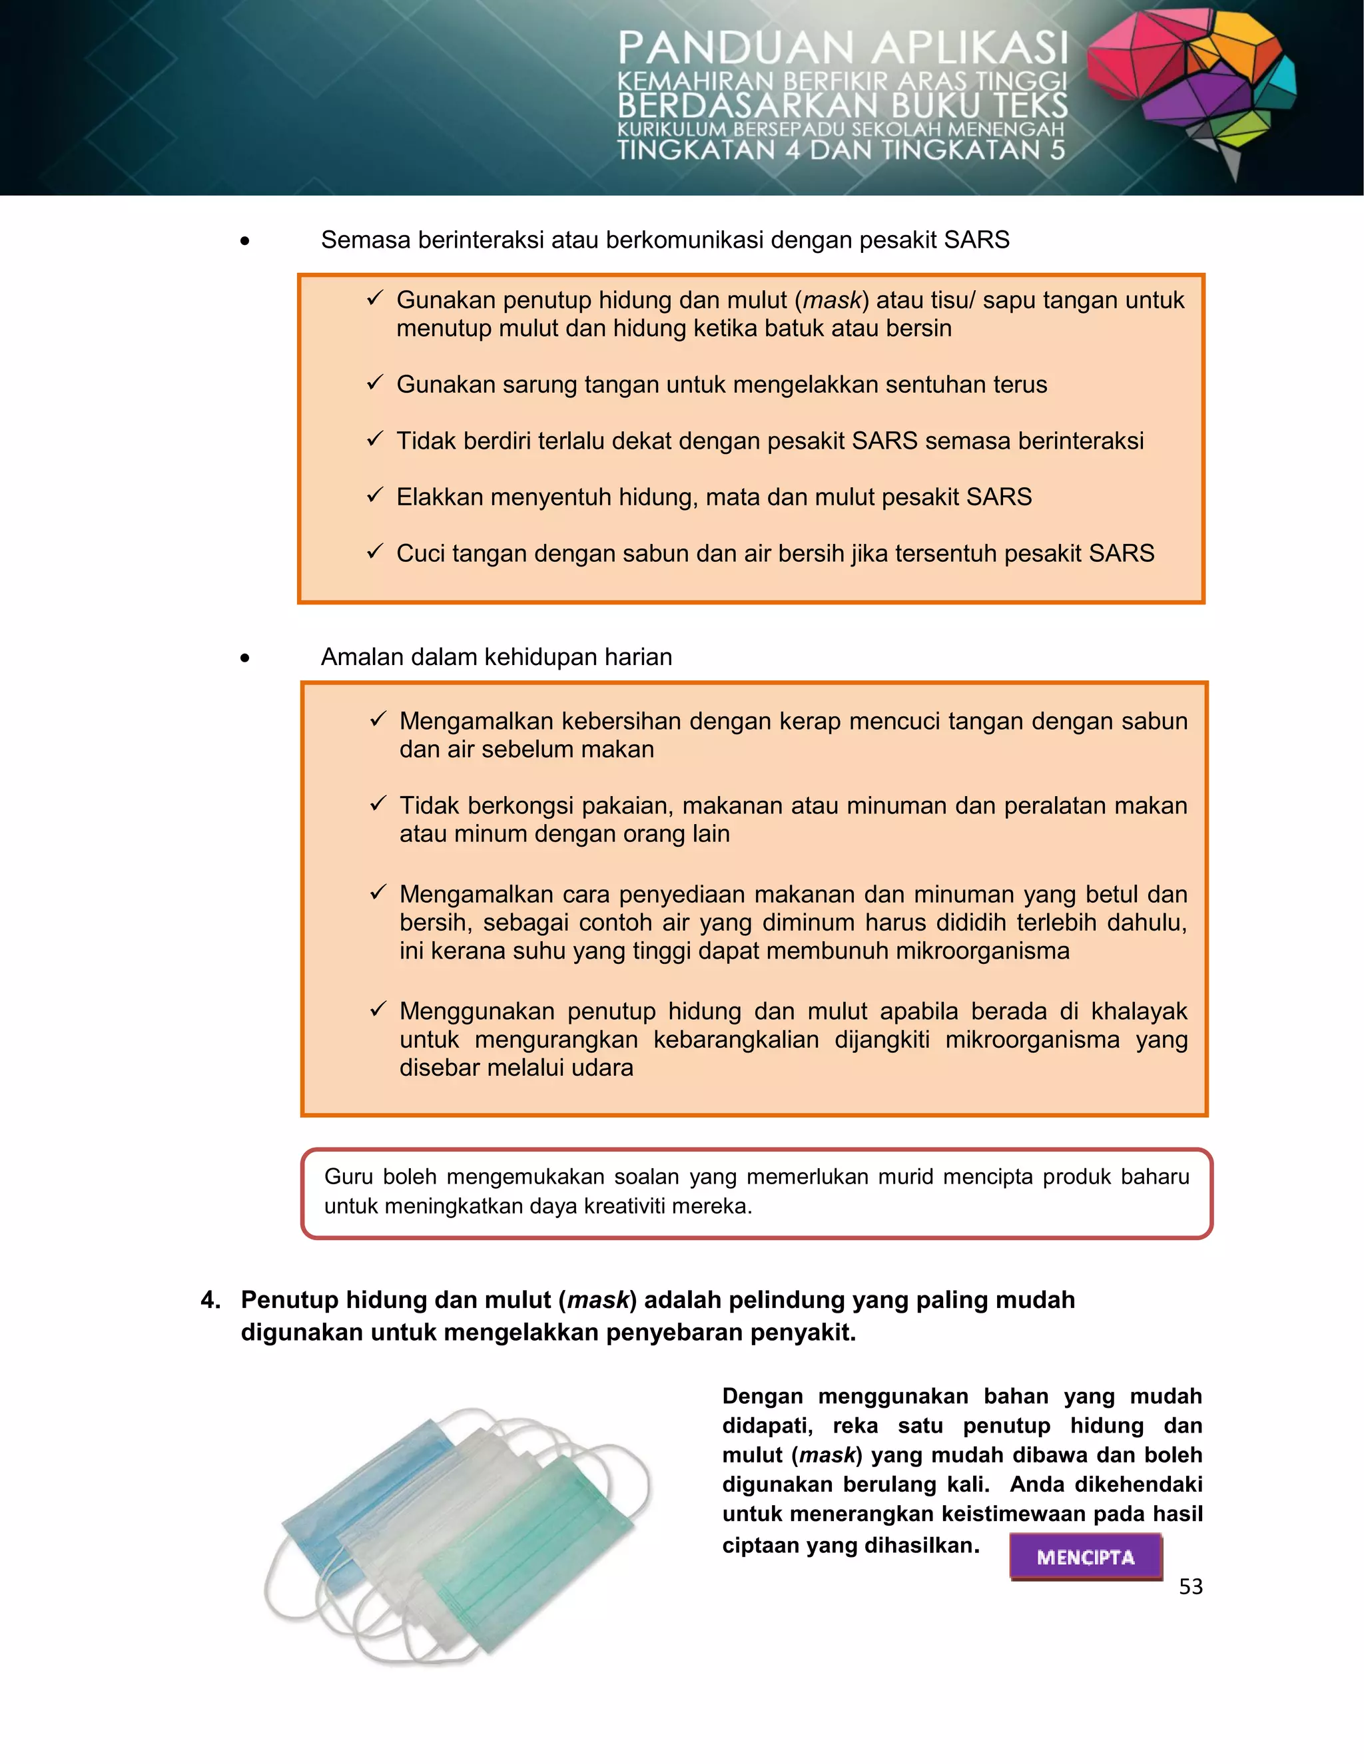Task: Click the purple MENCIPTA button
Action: (x=1085, y=1556)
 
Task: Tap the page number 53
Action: (x=1190, y=1587)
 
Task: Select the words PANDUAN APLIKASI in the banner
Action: (x=843, y=49)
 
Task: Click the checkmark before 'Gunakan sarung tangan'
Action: (x=374, y=383)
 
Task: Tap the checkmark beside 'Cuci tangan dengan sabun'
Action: (x=374, y=552)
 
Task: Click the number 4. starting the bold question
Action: (x=210, y=1299)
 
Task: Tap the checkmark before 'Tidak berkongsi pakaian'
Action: (x=378, y=803)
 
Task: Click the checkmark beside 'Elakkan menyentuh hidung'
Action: (x=374, y=495)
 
